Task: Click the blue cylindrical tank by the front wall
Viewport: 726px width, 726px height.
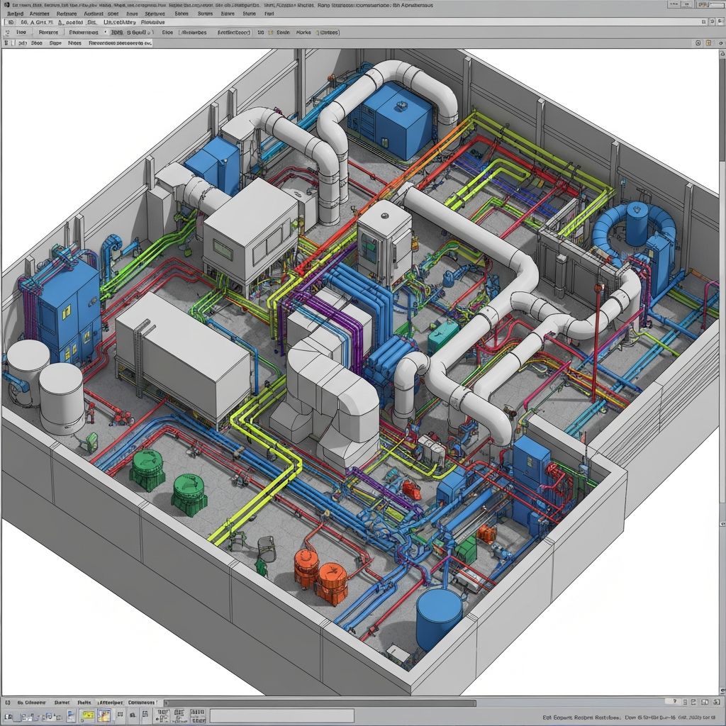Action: pos(439,618)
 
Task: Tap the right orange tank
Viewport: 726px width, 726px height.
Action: pos(331,581)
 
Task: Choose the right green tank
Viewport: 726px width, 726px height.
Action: pos(189,491)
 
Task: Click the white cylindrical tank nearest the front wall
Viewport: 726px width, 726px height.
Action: pos(61,397)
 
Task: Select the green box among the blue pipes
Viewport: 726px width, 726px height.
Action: pos(466,548)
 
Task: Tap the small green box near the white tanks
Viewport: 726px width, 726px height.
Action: pos(91,440)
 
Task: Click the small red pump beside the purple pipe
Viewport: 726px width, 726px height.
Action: pos(411,487)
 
